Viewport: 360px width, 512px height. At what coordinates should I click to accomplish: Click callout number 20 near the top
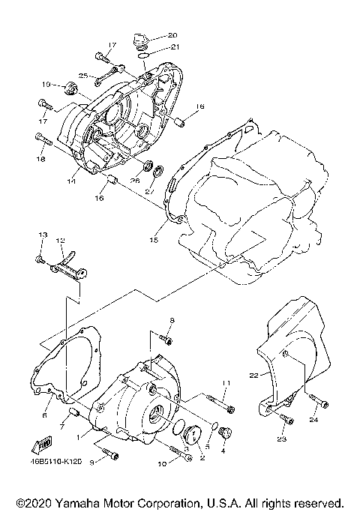click(x=172, y=35)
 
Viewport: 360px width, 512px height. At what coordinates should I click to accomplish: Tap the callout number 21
click(x=174, y=46)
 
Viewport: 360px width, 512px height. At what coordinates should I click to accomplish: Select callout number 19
click(x=46, y=84)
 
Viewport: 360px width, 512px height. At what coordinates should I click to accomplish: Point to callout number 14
click(x=72, y=181)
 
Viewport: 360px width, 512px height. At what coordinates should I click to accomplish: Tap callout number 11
click(x=225, y=384)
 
